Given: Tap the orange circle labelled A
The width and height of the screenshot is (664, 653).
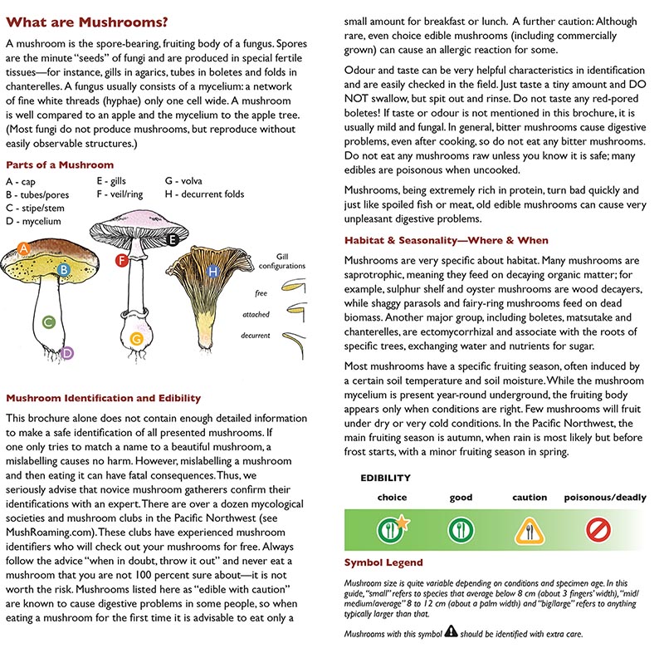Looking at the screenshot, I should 24,248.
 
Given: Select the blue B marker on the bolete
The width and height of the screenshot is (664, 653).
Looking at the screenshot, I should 63,269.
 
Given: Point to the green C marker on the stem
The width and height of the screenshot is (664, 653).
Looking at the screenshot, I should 49,322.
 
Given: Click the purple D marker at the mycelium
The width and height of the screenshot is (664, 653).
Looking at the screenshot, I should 68,353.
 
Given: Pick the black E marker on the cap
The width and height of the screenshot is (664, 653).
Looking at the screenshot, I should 173,240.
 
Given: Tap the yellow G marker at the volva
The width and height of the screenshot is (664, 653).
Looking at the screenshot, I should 137,339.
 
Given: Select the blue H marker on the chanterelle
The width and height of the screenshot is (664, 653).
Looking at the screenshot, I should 213,272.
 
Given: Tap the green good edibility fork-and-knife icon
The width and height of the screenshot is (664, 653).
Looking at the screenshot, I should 460,529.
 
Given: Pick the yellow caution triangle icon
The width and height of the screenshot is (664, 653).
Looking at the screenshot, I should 528,529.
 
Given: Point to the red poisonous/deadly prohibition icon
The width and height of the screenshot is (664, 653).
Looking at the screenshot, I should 598,529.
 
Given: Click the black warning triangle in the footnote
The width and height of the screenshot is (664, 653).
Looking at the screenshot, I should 450,631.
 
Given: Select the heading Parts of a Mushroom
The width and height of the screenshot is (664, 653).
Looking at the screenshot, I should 59,164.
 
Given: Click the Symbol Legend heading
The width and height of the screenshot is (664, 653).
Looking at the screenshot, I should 383,562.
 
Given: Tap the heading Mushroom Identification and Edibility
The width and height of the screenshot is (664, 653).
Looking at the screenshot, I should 103,398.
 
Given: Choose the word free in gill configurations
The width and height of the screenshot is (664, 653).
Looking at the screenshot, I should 261,292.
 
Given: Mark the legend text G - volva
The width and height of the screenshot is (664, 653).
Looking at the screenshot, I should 183,180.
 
